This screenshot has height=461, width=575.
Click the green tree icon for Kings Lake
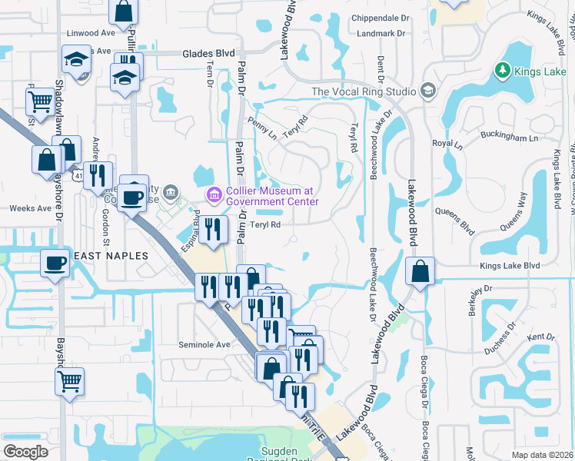pyautogui.click(x=503, y=71)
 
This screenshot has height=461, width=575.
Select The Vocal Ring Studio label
pyautogui.click(x=364, y=91)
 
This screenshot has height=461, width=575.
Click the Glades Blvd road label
pyautogui.click(x=208, y=54)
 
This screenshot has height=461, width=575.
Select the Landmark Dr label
pyautogui.click(x=381, y=34)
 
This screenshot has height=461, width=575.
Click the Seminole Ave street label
pyautogui.click(x=204, y=345)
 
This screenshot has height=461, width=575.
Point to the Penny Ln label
pyautogui.click(x=262, y=128)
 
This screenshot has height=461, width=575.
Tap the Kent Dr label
pyautogui.click(x=540, y=337)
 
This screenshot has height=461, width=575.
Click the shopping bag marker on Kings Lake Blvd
pyautogui.click(x=420, y=272)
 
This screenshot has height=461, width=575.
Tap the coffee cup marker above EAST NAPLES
pyautogui.click(x=55, y=264)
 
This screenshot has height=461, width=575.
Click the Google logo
pyautogui.click(x=25, y=451)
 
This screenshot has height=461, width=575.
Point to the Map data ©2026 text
pyautogui.click(x=543, y=455)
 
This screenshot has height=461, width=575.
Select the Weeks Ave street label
pyautogui.click(x=28, y=208)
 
